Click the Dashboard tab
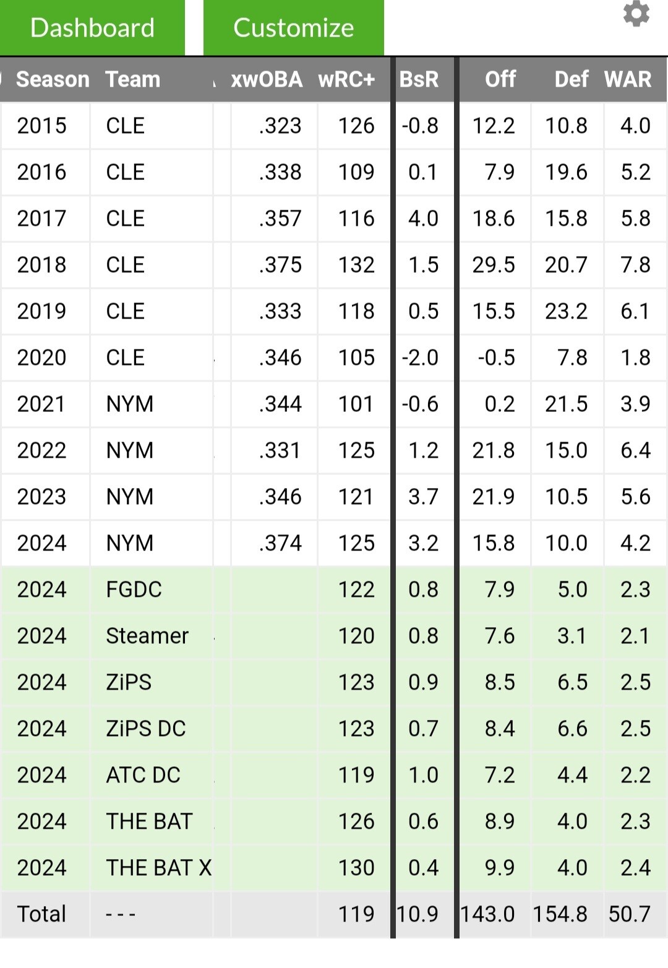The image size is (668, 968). [92, 28]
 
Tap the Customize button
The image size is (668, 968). [293, 28]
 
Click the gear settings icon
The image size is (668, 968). [636, 14]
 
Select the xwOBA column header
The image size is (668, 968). [267, 80]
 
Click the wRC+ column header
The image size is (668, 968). [346, 80]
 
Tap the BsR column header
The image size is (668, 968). [419, 80]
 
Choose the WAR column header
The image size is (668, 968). [627, 80]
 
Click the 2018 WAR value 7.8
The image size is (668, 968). [635, 265]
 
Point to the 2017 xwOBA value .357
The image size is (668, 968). [280, 218]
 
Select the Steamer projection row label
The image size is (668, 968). [147, 636]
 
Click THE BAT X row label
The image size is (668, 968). [158, 868]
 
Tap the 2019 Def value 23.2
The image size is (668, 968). [566, 311]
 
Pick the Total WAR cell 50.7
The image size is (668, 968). [630, 914]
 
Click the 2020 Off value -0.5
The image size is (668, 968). [496, 358]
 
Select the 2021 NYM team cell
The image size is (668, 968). [130, 404]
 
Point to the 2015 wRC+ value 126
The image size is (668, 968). [356, 126]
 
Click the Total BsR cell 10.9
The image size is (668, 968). [417, 914]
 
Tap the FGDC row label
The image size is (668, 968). [134, 589]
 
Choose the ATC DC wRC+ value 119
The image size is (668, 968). [356, 775]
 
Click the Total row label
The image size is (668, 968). [41, 914]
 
